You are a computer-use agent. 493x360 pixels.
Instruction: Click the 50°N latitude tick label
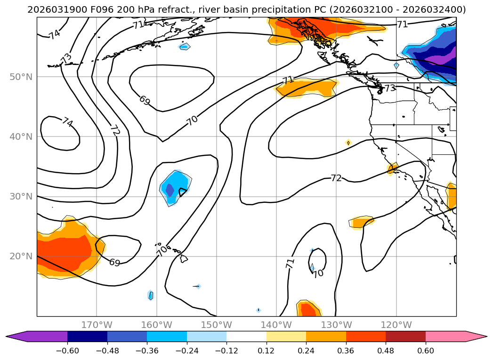tap(21, 77)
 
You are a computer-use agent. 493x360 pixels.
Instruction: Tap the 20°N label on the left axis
tap(21, 256)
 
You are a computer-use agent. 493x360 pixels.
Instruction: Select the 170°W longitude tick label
tap(97, 325)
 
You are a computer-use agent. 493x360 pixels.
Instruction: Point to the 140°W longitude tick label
tap(276, 325)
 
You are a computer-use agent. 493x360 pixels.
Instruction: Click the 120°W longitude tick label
tap(396, 325)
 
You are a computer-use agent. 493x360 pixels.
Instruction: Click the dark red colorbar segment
tap(405, 336)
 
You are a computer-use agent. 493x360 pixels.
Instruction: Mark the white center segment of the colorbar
tap(246, 336)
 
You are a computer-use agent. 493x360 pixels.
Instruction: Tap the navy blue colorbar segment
tap(87, 336)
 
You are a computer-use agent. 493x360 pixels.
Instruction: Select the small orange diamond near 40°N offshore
tap(348, 143)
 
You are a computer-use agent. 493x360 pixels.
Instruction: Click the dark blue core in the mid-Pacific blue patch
tap(170, 190)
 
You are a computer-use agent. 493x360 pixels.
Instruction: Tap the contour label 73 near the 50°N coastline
tap(390, 88)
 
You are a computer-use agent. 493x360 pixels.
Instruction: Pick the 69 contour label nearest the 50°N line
tap(145, 100)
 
